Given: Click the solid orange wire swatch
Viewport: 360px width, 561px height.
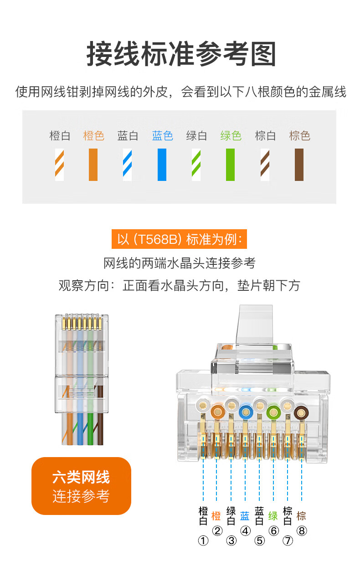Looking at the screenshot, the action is coord(93,165).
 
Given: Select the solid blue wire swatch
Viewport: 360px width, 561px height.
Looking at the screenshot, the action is coord(162,165).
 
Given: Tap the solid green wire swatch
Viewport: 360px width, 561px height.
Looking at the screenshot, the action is coord(230,165).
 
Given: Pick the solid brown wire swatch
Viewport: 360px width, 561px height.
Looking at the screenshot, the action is coord(299,165).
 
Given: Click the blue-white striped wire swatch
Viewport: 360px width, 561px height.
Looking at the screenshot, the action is coord(128,165).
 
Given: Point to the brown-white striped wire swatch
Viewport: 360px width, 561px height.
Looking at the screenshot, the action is coord(265,165).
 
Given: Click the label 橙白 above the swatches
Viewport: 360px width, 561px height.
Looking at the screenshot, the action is coord(60,136).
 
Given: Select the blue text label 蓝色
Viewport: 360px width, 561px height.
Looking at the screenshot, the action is coord(163,136).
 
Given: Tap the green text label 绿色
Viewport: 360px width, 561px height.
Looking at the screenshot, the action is coord(231,136).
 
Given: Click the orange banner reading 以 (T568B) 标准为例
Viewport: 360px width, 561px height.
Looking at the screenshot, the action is coord(179,239).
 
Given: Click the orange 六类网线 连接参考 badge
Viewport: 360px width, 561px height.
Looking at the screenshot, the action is coord(82,486).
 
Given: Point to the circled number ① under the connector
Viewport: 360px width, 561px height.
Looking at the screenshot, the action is coord(203,540).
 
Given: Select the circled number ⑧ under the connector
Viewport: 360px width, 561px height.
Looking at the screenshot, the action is coord(302,531).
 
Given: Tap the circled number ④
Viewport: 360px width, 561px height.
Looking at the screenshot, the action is coord(245,531).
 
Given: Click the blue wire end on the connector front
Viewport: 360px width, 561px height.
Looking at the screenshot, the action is coord(245,411).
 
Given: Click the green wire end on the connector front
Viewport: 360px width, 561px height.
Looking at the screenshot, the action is coord(273,411).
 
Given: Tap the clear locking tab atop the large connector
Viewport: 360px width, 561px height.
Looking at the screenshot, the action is coord(255,324).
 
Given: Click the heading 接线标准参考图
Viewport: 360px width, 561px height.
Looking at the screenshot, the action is coord(181,54).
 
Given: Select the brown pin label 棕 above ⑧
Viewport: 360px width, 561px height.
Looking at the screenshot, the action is coord(301,516).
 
